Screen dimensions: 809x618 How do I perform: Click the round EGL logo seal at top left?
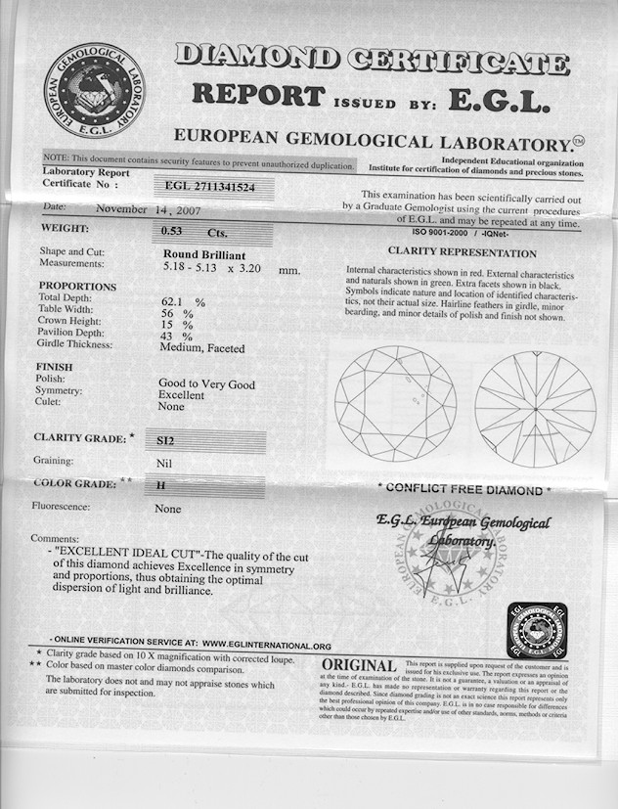(95, 91)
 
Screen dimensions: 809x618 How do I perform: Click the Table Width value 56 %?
(177, 313)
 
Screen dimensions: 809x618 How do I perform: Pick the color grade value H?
(159, 484)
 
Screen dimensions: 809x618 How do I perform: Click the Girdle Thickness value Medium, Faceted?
(201, 347)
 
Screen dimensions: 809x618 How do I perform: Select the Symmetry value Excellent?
(182, 395)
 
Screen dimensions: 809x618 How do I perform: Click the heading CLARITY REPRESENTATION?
(462, 250)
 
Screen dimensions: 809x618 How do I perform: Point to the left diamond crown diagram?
(395, 402)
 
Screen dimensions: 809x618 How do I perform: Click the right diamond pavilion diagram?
(535, 406)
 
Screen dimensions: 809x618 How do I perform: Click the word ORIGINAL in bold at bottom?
(359, 666)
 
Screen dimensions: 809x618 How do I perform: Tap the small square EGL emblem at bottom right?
(538, 631)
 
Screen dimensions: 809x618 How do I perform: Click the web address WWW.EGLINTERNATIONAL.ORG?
(267, 646)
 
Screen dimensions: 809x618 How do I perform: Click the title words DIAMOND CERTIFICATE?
(372, 59)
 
